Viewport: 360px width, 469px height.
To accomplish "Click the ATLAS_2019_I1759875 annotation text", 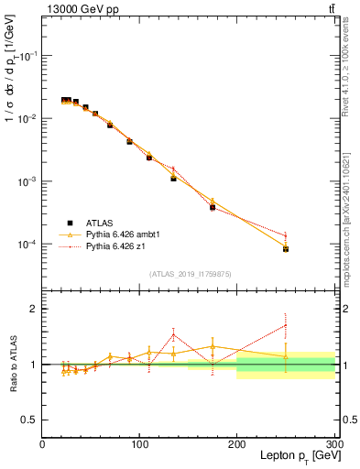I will click(191, 273).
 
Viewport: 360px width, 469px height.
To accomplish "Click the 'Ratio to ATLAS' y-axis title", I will click(12, 365).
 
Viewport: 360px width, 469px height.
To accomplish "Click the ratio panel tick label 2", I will click(33, 309).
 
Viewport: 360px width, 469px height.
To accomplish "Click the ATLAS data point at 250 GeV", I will click(286, 248).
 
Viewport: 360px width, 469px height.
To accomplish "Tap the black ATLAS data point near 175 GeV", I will click(213, 208).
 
